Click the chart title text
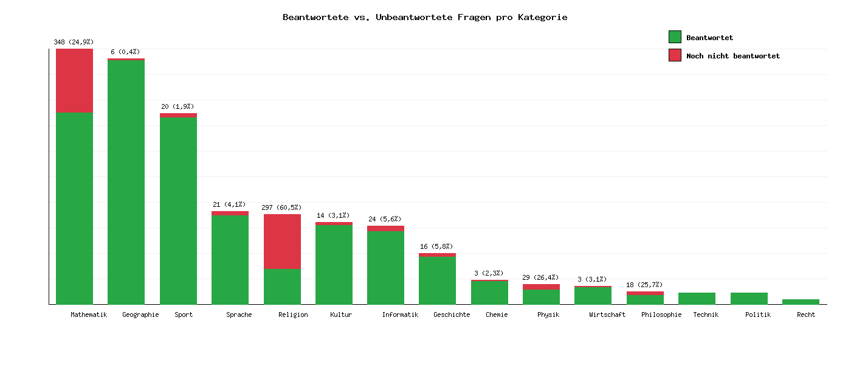coord(425,17)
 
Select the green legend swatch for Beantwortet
coord(675,37)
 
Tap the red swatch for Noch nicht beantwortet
coord(675,55)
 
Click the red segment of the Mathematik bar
coord(74,81)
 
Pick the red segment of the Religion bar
coord(282,241)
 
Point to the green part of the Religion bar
coord(282,286)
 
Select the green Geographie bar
coord(126,182)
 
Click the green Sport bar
coord(178,210)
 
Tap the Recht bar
coord(801,302)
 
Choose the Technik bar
coord(697,298)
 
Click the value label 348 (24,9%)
coord(74,42)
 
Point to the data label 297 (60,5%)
coord(281,207)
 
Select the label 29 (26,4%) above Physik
coord(540,277)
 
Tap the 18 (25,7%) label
coord(644,285)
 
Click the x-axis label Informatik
coord(400,315)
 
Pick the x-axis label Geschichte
coord(452,315)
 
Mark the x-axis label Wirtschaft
coord(607,315)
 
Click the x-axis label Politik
coord(758,315)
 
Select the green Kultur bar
coord(334,265)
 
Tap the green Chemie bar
coord(489,293)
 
